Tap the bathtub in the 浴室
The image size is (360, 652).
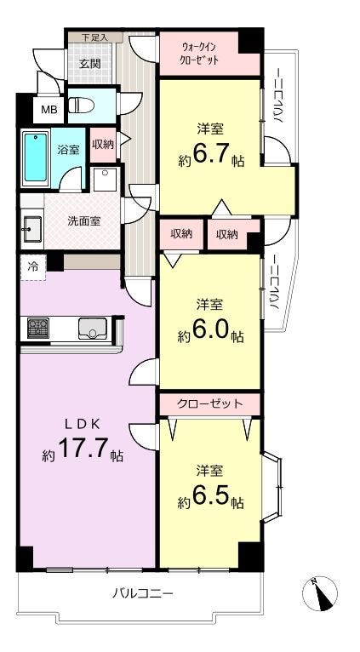[36, 157]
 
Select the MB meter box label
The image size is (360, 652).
[49, 110]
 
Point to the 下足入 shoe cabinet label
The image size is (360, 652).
[95, 37]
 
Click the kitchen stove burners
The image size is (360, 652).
[38, 328]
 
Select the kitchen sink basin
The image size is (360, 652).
[93, 328]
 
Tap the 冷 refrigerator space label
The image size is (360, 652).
[32, 267]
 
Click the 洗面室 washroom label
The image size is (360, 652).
[84, 220]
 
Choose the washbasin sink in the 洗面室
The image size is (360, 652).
[31, 229]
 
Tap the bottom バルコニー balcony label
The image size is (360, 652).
[143, 592]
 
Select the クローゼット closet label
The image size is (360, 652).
[209, 403]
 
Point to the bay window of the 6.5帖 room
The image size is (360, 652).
[272, 487]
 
